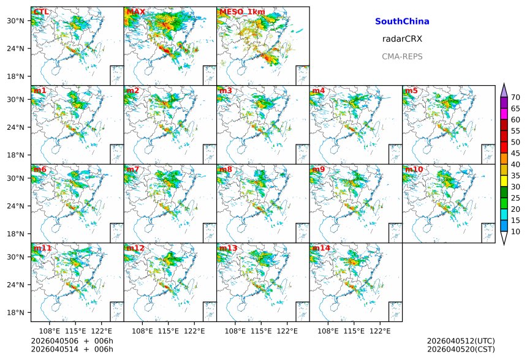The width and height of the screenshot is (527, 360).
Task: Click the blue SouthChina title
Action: [402, 21]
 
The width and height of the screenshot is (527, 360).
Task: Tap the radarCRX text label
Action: [402, 39]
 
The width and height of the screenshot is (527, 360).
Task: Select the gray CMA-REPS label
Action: [402, 57]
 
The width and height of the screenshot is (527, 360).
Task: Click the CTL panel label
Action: [41, 12]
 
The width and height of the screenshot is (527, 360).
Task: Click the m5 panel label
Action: [411, 91]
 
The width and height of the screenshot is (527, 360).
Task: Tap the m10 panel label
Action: [413, 170]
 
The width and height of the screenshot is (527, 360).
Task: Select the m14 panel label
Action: [320, 249]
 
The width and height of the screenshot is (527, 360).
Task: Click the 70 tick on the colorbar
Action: [515, 97]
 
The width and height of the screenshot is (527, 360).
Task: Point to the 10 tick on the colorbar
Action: [515, 232]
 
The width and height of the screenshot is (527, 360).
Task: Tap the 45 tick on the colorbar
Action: [515, 154]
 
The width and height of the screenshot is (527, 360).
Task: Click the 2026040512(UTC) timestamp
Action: [461, 341]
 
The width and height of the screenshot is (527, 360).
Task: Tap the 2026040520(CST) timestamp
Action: [461, 350]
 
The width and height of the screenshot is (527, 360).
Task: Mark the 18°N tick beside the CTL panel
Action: [15, 77]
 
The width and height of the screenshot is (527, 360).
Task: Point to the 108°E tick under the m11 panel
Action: [50, 331]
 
